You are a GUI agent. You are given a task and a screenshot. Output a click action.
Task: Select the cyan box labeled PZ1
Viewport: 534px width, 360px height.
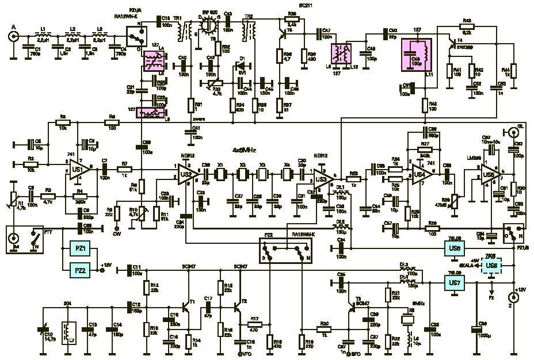coord(81,249)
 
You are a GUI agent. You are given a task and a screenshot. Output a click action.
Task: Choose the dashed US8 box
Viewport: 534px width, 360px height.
coord(491,265)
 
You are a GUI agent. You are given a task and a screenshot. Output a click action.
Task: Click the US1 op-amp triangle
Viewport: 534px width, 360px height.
coord(78,169)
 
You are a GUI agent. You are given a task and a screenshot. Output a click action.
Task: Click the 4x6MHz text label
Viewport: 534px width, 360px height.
coord(244,150)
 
